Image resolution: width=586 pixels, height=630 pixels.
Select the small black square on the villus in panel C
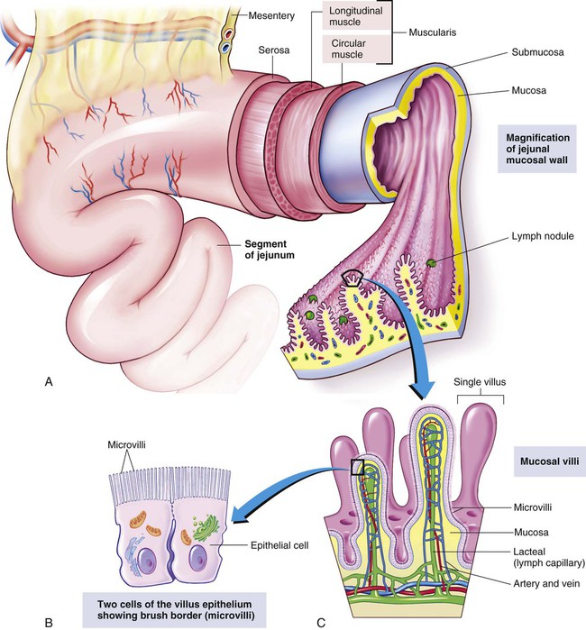click(x=357, y=467)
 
